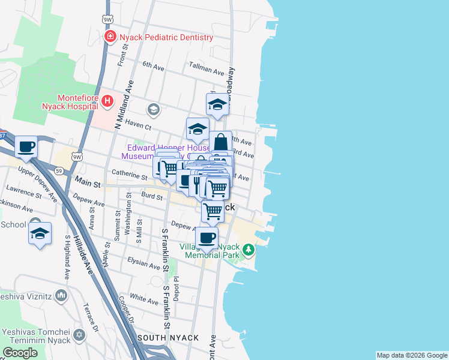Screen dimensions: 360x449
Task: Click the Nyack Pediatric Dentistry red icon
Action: [x=110, y=37]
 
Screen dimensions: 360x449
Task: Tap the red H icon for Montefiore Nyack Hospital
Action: [x=107, y=101]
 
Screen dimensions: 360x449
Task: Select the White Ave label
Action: [x=143, y=298]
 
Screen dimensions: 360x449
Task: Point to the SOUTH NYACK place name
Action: [x=168, y=338]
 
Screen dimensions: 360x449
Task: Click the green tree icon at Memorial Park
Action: [x=247, y=248]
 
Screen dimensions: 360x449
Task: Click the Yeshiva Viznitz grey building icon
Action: [x=61, y=295]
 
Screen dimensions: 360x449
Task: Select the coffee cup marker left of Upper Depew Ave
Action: [x=26, y=147]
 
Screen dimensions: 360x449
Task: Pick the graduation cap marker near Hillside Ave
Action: [x=40, y=234]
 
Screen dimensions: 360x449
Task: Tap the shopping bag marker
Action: [x=220, y=143]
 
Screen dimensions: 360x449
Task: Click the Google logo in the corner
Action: [x=20, y=353]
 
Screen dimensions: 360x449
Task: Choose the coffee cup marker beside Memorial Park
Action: [x=208, y=237]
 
